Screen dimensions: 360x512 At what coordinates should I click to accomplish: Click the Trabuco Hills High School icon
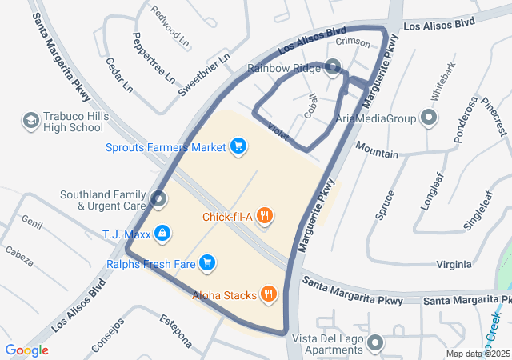pos(30,121)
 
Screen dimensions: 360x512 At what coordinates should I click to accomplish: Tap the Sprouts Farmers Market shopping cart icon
pos(238,146)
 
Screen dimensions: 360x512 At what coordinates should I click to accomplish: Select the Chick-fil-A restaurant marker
pos(266,216)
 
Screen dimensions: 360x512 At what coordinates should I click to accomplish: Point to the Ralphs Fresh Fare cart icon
pos(206,262)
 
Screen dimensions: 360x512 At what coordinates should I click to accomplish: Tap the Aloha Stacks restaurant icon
pos(269,294)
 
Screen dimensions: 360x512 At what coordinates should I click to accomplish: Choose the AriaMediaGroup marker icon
pos(429,119)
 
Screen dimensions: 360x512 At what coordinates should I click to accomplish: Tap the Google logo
pos(26,350)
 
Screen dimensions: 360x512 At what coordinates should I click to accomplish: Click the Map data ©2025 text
pos(477,354)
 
